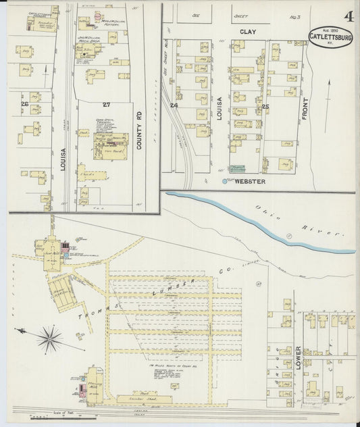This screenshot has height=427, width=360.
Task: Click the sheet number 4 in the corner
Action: [349, 16]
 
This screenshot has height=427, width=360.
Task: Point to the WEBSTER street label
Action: [251, 182]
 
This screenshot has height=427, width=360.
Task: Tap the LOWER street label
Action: [298, 359]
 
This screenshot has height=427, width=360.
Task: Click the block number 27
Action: [105, 105]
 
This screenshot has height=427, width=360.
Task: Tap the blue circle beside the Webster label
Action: [225, 182]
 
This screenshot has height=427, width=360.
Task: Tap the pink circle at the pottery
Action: [97, 14]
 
